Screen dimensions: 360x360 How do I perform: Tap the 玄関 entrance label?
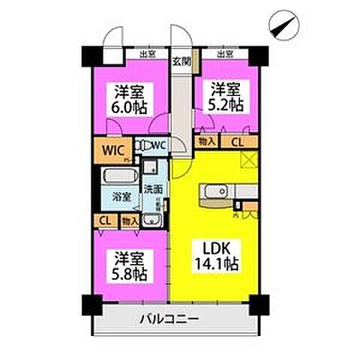182,61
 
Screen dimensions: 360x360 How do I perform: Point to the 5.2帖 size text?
225,106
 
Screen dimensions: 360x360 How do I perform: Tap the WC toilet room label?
158,145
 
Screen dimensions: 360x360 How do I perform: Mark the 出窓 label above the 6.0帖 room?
147,54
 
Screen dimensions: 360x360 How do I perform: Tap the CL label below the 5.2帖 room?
235,142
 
